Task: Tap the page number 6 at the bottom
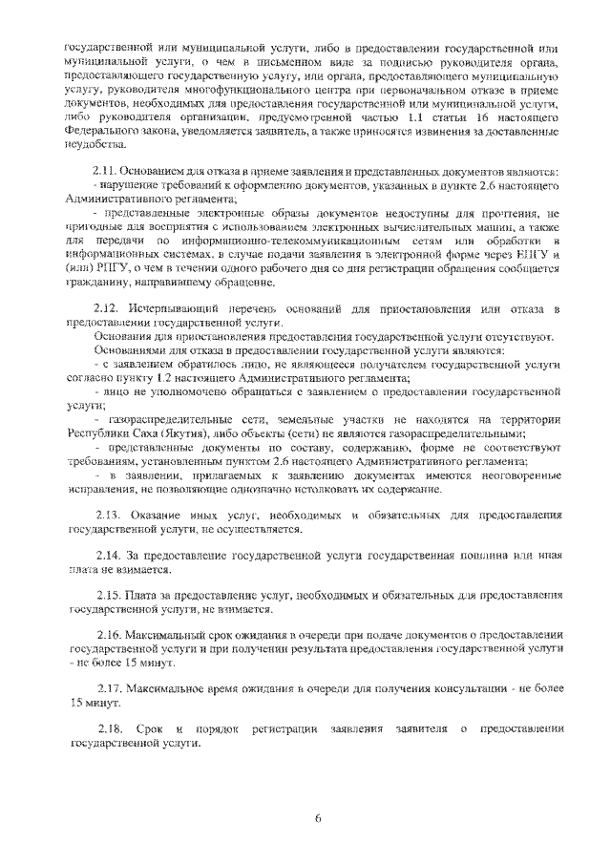coord(317,819)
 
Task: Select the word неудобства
coord(95,145)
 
